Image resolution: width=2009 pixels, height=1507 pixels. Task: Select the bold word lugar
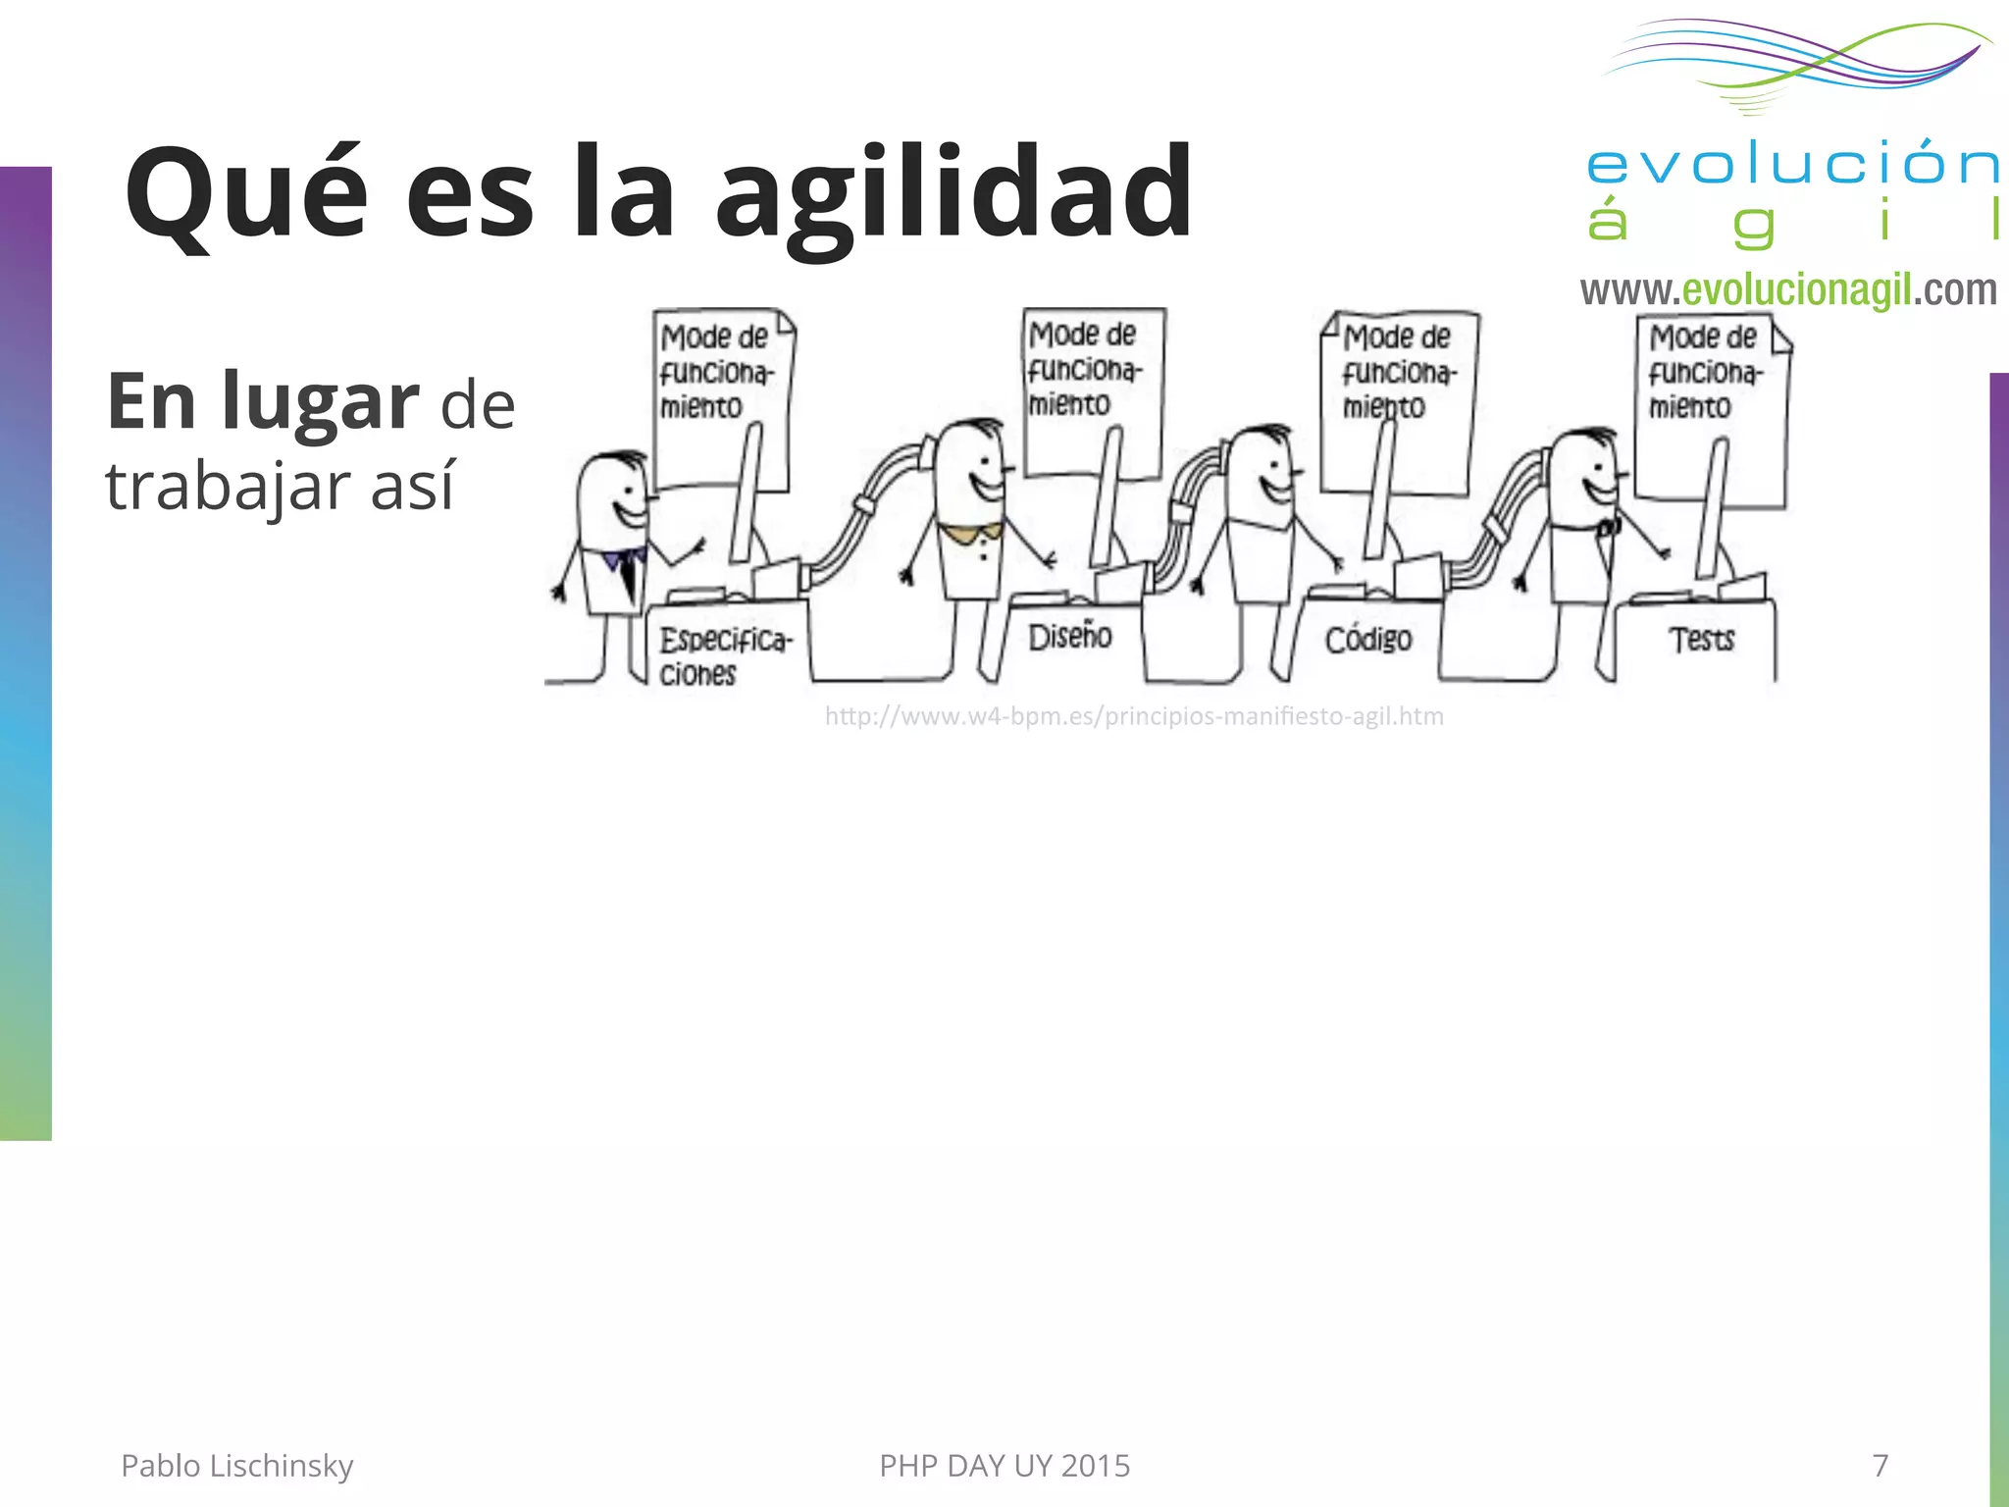[321, 402]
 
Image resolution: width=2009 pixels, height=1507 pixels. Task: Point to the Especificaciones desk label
[724, 656]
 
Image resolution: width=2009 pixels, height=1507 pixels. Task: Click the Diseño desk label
[1069, 638]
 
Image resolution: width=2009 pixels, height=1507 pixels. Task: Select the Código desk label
[1368, 640]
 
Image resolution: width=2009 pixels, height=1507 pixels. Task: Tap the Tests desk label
[1702, 640]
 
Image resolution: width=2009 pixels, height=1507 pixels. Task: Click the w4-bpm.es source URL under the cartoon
[1134, 716]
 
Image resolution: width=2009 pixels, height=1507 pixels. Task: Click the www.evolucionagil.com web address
[1788, 290]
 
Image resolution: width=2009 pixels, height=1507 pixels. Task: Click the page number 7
[1880, 1465]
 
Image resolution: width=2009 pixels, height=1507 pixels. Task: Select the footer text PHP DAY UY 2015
[1004, 1465]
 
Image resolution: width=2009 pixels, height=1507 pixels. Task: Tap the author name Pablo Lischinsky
[236, 1465]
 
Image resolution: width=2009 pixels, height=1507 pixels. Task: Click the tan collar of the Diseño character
[969, 532]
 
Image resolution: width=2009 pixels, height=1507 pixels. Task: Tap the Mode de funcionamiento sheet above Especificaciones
[721, 397]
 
